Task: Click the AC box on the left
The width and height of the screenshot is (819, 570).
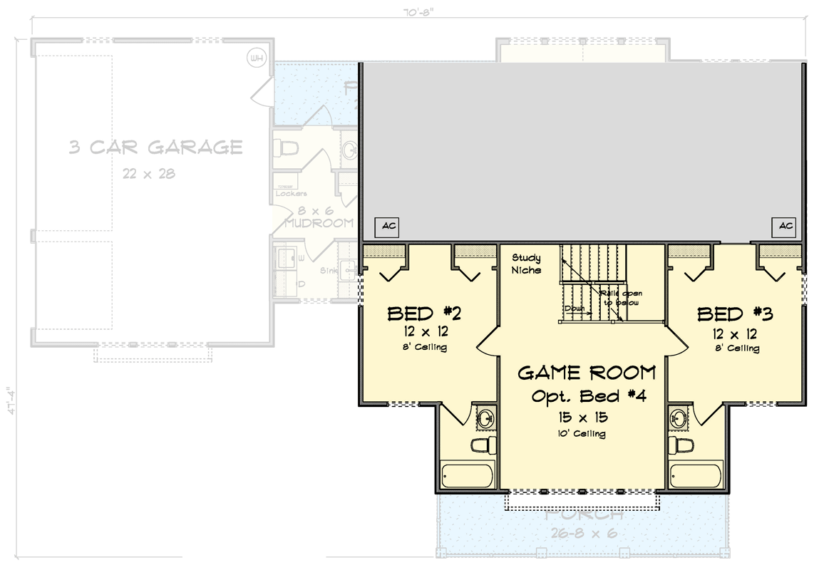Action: pos(388,227)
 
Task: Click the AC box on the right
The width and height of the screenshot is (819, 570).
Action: pos(785,227)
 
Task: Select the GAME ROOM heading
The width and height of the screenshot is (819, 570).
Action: pos(586,373)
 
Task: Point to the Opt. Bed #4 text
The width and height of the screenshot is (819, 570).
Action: pos(588,397)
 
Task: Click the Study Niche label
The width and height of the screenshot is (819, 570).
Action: pos(526,264)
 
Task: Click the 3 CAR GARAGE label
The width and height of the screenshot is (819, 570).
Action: pos(155,148)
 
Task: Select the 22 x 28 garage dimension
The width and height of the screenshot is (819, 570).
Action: pos(148,173)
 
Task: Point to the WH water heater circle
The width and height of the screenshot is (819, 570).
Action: pos(255,58)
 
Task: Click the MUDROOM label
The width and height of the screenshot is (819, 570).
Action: pos(319,223)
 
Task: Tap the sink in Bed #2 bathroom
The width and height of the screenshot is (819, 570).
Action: pos(486,417)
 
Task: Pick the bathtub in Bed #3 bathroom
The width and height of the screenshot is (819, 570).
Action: pos(696,475)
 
